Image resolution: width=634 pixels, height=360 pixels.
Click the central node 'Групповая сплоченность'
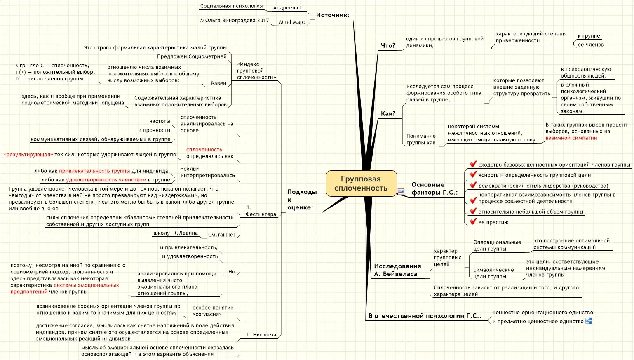[x=361, y=184]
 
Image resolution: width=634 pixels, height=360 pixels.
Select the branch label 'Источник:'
[x=333, y=15]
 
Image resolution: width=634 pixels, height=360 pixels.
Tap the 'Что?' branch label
[x=387, y=45]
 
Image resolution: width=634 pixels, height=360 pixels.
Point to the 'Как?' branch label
[x=388, y=113]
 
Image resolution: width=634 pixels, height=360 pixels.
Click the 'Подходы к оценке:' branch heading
[x=302, y=200]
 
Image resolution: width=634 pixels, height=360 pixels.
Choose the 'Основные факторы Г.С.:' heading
[x=434, y=188]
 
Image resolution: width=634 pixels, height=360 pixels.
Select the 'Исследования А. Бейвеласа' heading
[x=397, y=270]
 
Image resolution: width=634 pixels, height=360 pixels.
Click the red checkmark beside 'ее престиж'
[x=473, y=222]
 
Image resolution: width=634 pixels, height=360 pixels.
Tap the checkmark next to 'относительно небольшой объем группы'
[x=473, y=211]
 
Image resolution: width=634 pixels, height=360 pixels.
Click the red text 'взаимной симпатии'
[x=571, y=138]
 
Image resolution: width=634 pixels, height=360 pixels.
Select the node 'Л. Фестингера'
[x=261, y=211]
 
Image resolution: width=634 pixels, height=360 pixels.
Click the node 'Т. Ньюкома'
[x=261, y=335]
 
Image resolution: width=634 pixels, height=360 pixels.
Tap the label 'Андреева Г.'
[x=289, y=8]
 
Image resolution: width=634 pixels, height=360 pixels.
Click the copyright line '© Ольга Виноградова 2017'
[x=234, y=20]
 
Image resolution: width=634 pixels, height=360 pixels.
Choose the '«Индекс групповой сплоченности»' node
[x=256, y=71]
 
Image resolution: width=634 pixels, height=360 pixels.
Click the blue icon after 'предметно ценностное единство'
[x=589, y=321]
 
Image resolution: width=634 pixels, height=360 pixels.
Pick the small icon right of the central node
[x=401, y=191]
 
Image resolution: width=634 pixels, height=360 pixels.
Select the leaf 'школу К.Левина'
[x=175, y=233]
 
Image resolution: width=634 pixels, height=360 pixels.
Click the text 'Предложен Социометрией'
[x=192, y=56]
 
